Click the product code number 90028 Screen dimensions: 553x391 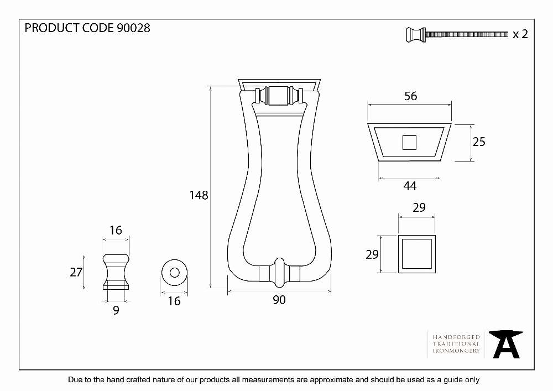tap(133, 28)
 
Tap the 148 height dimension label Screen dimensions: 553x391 tap(199, 195)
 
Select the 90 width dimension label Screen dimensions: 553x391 tap(279, 300)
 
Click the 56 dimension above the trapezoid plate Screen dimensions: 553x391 tap(410, 96)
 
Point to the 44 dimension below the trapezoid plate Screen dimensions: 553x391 tap(410, 186)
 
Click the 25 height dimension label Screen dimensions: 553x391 tap(479, 142)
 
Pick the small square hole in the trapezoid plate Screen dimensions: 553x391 tap(409, 143)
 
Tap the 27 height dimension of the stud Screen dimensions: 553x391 tap(76, 272)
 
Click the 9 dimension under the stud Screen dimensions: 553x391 tap(116, 310)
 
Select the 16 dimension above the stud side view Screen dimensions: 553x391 tap(116, 230)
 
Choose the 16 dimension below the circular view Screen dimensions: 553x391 tap(174, 301)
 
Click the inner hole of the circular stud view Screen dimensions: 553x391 tap(175, 273)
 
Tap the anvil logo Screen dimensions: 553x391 tap(506, 344)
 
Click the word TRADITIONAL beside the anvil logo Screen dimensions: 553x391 tap(456, 344)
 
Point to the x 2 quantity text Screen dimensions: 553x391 tap(520, 34)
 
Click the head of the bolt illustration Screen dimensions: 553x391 tap(416, 34)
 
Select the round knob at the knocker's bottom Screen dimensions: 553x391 tap(279, 272)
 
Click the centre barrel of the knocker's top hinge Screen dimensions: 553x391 tap(279, 96)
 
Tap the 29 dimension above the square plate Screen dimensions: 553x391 tap(419, 207)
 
